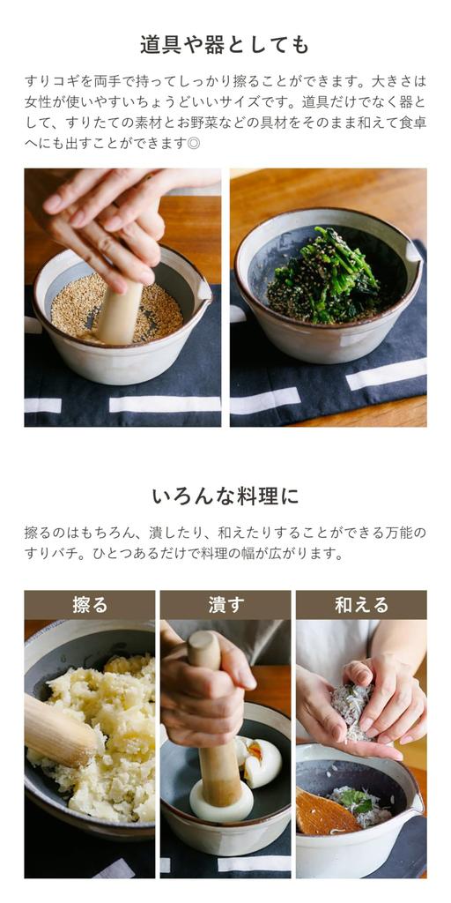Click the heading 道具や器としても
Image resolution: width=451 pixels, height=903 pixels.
225,44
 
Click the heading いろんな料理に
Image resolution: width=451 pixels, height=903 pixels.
225,496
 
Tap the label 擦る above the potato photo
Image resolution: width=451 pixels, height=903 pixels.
89,605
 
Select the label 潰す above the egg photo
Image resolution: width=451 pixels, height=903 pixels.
225,605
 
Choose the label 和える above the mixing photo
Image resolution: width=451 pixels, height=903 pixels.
361,605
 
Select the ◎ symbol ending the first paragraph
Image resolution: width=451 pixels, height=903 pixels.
193,142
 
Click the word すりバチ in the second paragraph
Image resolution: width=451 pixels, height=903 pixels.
48,554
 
